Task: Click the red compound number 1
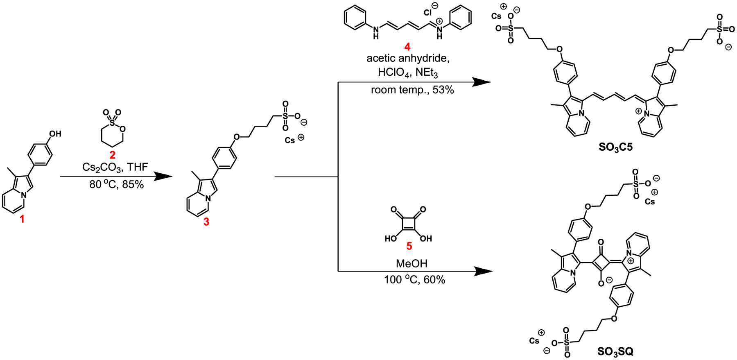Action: click(x=22, y=220)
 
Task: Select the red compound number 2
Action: click(x=112, y=155)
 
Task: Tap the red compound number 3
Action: click(x=206, y=222)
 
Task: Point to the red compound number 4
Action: click(x=407, y=48)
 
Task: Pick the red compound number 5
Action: click(x=409, y=246)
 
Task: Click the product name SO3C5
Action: click(x=615, y=147)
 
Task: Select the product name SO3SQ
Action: click(x=615, y=351)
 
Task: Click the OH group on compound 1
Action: click(x=55, y=134)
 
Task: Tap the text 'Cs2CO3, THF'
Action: click(x=115, y=167)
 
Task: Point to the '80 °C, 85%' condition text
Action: click(x=117, y=185)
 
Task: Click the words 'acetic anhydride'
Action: click(x=408, y=59)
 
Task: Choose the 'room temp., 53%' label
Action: click(x=412, y=90)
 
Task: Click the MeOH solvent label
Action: click(x=411, y=263)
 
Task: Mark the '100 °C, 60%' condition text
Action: click(x=414, y=280)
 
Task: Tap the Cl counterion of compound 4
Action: click(x=428, y=13)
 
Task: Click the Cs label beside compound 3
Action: click(x=290, y=140)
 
